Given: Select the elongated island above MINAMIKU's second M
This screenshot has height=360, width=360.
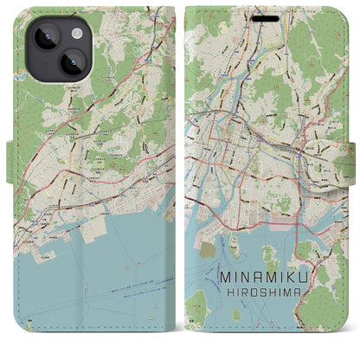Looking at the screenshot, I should point(269,257).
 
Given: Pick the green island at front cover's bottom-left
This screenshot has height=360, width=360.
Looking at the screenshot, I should point(198,305).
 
